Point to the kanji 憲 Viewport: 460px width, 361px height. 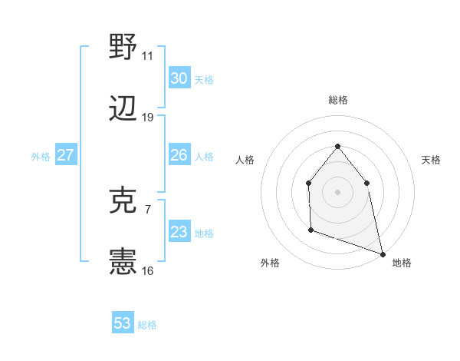point(123,263)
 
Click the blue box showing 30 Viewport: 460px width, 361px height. point(179,78)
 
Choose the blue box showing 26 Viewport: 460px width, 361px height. point(179,155)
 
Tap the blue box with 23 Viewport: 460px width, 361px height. point(179,232)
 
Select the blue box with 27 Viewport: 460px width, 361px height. point(66,155)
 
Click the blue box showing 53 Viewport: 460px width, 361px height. point(123,323)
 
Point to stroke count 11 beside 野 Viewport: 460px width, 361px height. point(147,56)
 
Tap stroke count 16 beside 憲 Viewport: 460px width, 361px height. point(147,271)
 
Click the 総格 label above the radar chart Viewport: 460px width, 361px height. point(337,100)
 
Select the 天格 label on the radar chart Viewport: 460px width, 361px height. point(431,160)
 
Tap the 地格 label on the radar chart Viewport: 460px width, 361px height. point(402,263)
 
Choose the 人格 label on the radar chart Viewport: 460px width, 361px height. point(245,160)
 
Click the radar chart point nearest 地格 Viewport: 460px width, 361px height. point(382,253)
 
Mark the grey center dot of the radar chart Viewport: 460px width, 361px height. point(337,191)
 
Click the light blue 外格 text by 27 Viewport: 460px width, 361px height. point(41,156)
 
